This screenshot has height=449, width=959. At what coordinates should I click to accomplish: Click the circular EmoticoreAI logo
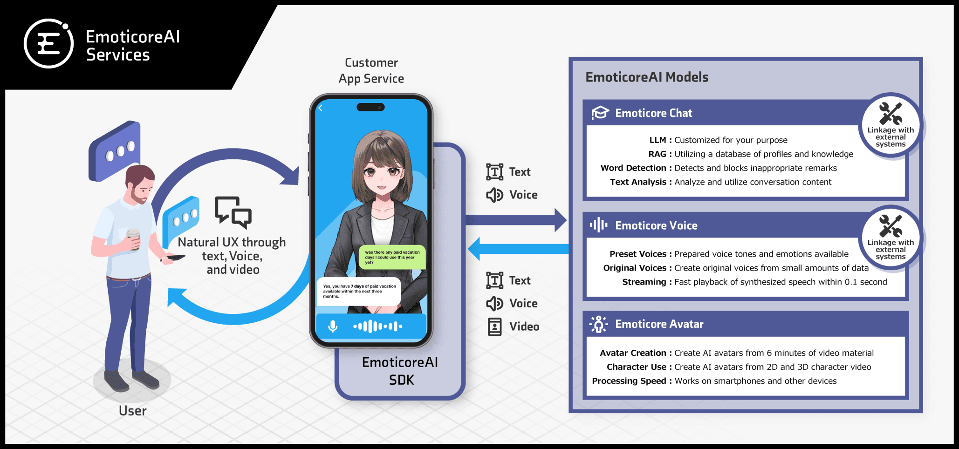[x=48, y=44]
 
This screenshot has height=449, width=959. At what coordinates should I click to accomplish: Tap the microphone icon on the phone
[x=333, y=326]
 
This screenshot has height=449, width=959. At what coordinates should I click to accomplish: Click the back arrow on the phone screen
[x=320, y=108]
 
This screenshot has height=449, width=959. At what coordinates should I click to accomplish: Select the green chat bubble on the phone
[x=392, y=257]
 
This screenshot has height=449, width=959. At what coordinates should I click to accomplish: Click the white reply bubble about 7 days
[x=358, y=291]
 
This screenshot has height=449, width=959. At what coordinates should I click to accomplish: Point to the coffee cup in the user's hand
[x=133, y=238]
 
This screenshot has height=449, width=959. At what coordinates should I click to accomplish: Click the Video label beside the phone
[x=524, y=327]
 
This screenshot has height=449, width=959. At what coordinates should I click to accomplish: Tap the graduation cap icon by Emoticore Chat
[x=600, y=113]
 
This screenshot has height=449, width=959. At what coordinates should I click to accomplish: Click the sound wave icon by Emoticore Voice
[x=599, y=225]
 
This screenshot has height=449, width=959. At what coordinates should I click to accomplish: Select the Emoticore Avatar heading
[x=659, y=324]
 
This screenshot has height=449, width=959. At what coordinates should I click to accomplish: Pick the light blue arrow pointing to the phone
[x=517, y=249]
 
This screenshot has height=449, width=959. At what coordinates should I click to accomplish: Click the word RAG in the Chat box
[x=657, y=154]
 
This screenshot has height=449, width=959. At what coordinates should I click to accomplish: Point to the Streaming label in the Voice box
[x=644, y=282]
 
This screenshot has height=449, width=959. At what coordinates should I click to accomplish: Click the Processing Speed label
[x=629, y=381]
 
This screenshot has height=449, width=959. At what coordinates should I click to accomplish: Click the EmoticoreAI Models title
[x=647, y=77]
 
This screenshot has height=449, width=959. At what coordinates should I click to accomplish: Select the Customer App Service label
[x=371, y=71]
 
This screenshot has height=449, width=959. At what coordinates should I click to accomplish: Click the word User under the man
[x=133, y=411]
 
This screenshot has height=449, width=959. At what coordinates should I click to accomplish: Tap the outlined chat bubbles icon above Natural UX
[x=233, y=212]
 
